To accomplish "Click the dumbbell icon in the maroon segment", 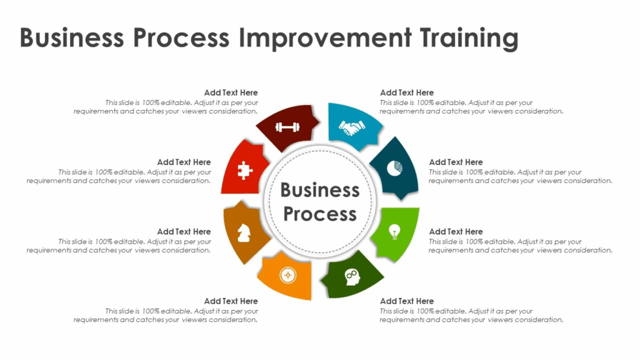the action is tap(287, 127).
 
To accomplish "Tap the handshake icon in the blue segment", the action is tap(352, 127).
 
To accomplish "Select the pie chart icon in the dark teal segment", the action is tap(395, 168).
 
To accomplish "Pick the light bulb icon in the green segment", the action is tap(394, 232).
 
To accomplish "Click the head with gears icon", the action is tap(352, 277).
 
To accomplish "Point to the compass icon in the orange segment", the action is tap(287, 275).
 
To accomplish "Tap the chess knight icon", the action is tap(244, 233).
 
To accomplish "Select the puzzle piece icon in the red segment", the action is tap(245, 171).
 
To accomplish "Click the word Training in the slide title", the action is tap(469, 38).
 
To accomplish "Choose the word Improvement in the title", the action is tap(325, 37).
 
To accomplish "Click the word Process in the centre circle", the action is tap(320, 214).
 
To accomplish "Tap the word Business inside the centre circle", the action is tap(320, 190).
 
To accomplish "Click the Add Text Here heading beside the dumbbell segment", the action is tap(231, 92).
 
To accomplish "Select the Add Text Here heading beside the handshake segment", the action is tap(407, 92).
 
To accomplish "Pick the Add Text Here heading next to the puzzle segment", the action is tap(184, 162).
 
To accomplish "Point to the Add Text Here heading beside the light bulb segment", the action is tap(456, 231).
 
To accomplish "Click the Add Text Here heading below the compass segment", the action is tap(231, 301).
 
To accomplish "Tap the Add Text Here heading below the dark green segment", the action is tap(407, 301).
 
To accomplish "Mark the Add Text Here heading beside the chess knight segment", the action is tap(184, 231).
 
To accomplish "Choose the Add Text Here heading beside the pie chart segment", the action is tap(456, 162).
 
